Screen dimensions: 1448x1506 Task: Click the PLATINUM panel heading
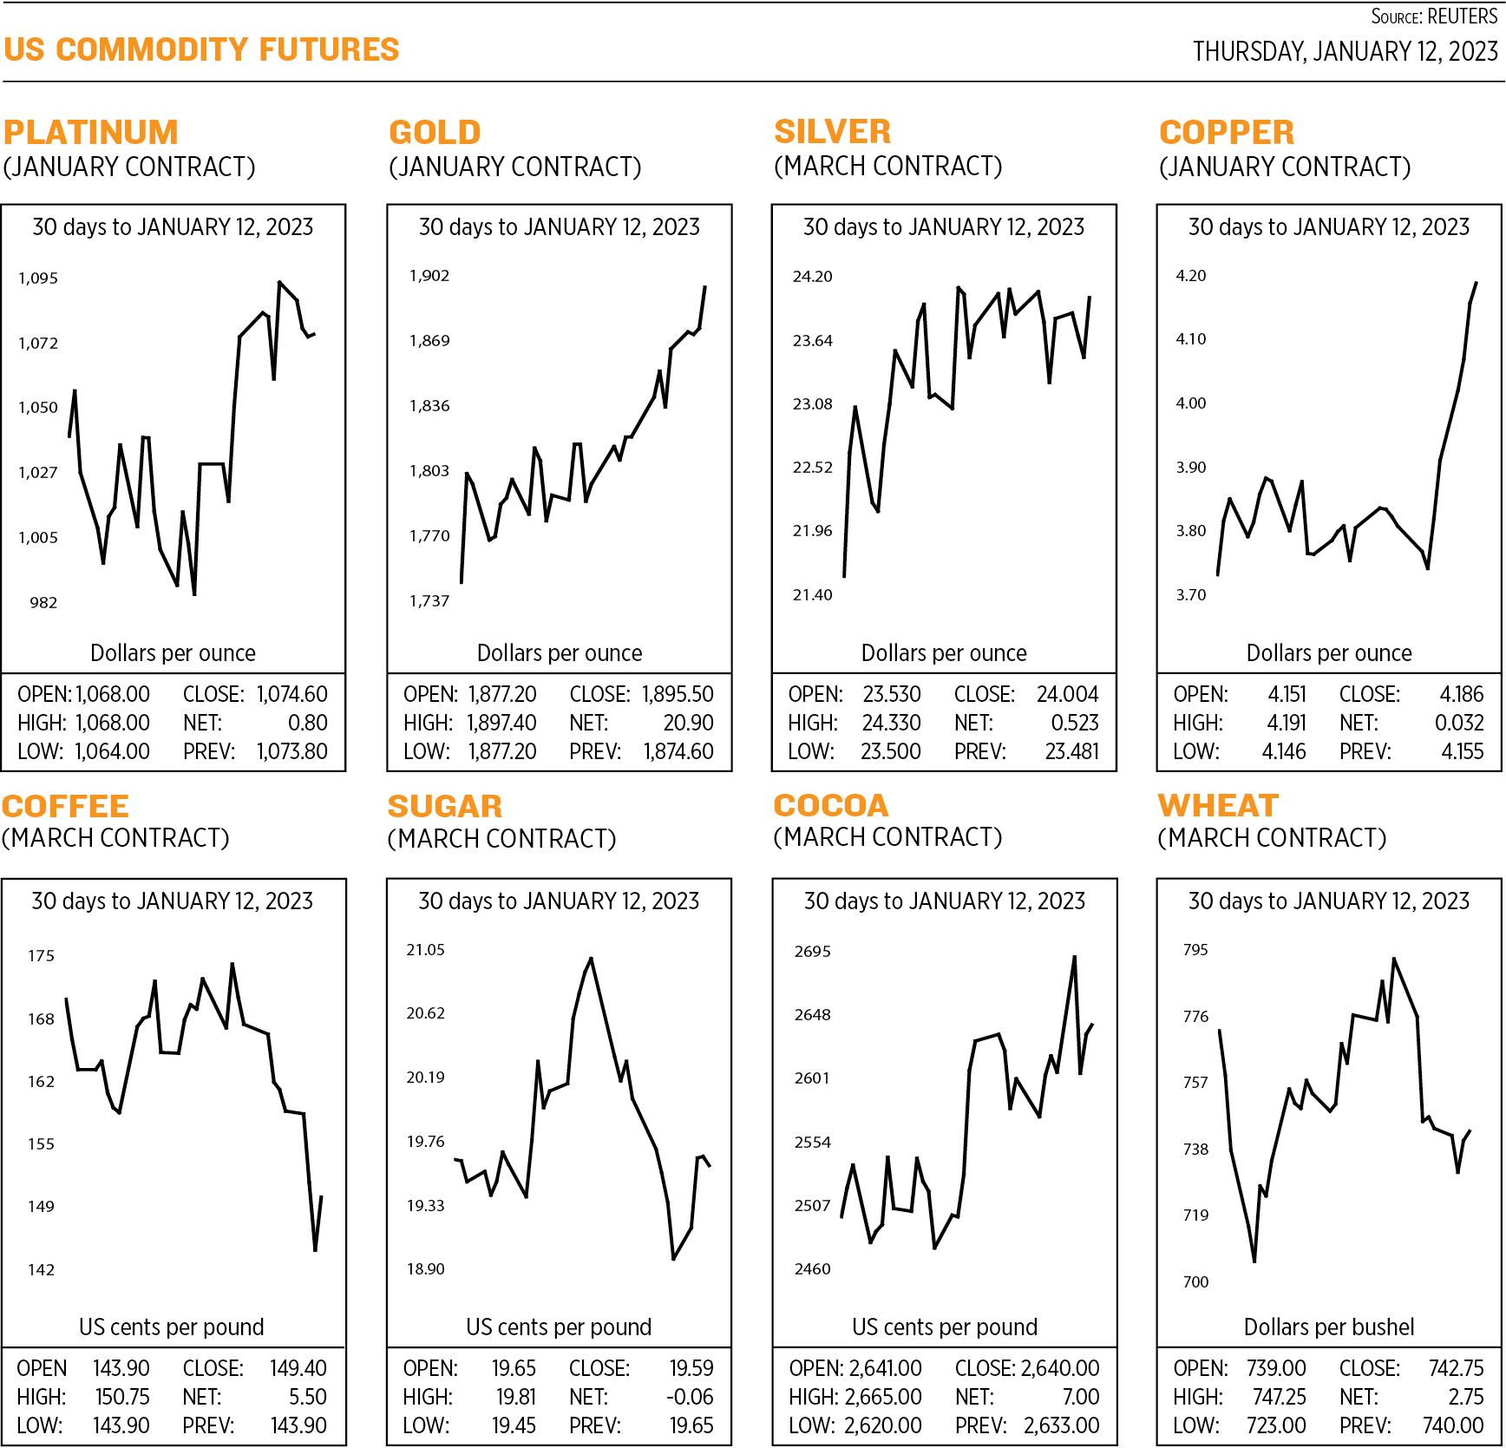(x=90, y=133)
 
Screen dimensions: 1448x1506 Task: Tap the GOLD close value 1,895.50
(x=678, y=694)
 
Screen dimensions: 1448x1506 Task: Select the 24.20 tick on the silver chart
(x=812, y=277)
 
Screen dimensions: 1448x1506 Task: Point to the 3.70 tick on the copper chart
(x=1190, y=595)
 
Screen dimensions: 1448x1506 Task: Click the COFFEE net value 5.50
(x=307, y=1397)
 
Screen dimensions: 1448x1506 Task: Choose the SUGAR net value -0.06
(x=690, y=1397)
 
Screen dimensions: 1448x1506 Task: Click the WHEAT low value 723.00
(x=1276, y=1425)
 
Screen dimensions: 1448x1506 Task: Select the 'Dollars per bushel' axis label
(x=1328, y=1327)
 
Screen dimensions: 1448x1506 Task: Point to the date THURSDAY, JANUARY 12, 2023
(x=1345, y=52)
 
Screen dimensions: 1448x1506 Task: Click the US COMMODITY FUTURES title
(x=201, y=49)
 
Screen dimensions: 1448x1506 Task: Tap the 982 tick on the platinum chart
(x=43, y=603)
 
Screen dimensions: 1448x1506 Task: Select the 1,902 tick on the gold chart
(x=429, y=276)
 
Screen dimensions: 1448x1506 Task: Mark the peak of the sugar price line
(x=591, y=959)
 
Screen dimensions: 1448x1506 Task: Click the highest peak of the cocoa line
(x=1075, y=957)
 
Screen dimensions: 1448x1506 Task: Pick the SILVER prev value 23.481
(x=1071, y=751)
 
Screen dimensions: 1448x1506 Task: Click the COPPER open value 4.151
(x=1287, y=694)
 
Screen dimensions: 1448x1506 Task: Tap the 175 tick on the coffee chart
(x=41, y=956)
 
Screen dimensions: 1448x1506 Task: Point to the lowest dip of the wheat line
(x=1254, y=1261)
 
